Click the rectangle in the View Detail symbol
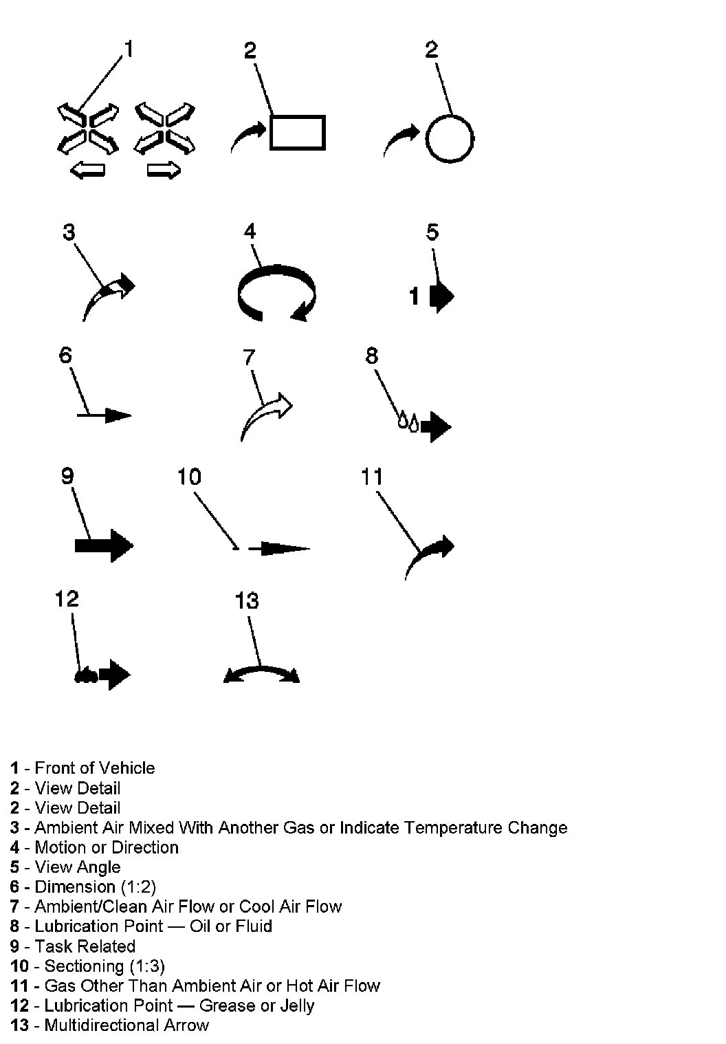tap(297, 132)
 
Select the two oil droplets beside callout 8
tap(408, 421)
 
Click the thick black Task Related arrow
tap(103, 546)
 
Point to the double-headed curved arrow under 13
tap(262, 673)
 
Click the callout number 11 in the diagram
tap(372, 477)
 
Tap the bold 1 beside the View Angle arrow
tap(414, 296)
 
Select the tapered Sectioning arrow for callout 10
tap(279, 548)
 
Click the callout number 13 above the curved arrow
tap(247, 600)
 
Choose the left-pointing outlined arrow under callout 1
tap(87, 170)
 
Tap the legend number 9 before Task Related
tap(14, 946)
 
